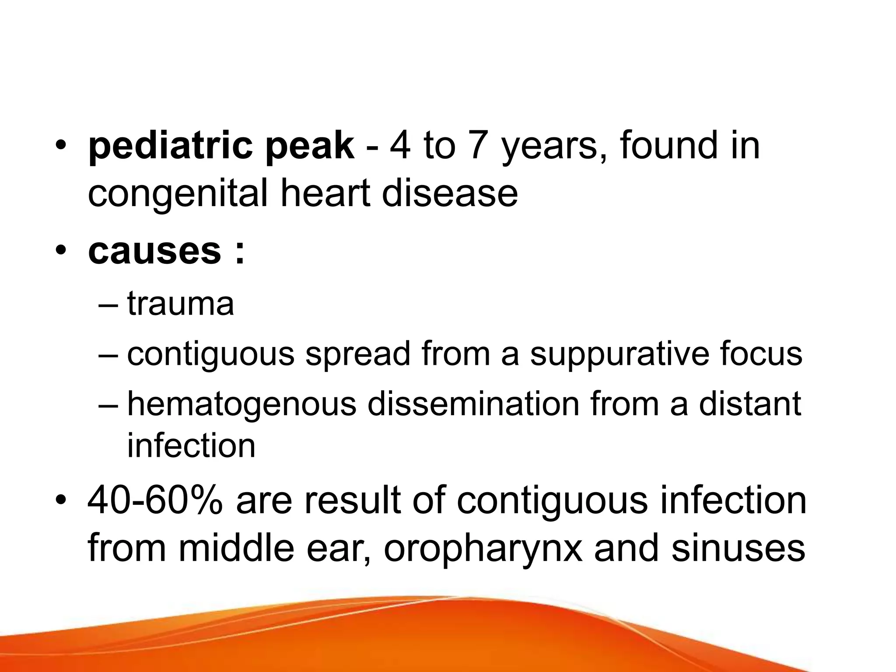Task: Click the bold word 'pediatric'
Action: (x=171, y=147)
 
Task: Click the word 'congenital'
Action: (x=177, y=195)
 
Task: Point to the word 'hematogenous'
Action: (x=242, y=405)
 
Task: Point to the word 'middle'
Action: (x=237, y=549)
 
